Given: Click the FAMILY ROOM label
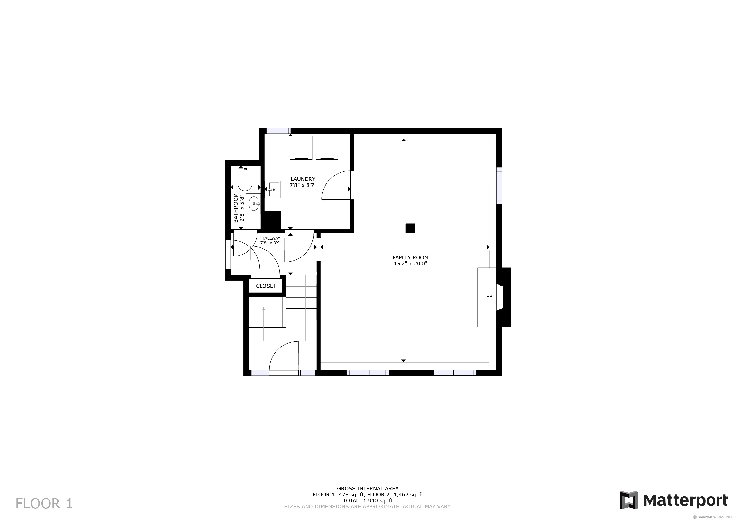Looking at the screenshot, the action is pos(410,257).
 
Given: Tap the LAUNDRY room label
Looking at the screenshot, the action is pos(303,179).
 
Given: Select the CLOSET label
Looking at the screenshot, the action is pos(266,286).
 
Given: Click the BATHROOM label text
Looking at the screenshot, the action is pos(236,208).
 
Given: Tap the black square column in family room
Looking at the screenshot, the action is pos(410,228).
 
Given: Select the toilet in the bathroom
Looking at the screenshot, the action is pos(245,178).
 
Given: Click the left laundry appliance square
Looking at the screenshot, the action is pos(301,148).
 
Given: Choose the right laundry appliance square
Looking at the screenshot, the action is pos(327,148).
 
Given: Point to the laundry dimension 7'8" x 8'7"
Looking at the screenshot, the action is pos(303,185).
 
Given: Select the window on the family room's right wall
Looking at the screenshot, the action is pos(499,186).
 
